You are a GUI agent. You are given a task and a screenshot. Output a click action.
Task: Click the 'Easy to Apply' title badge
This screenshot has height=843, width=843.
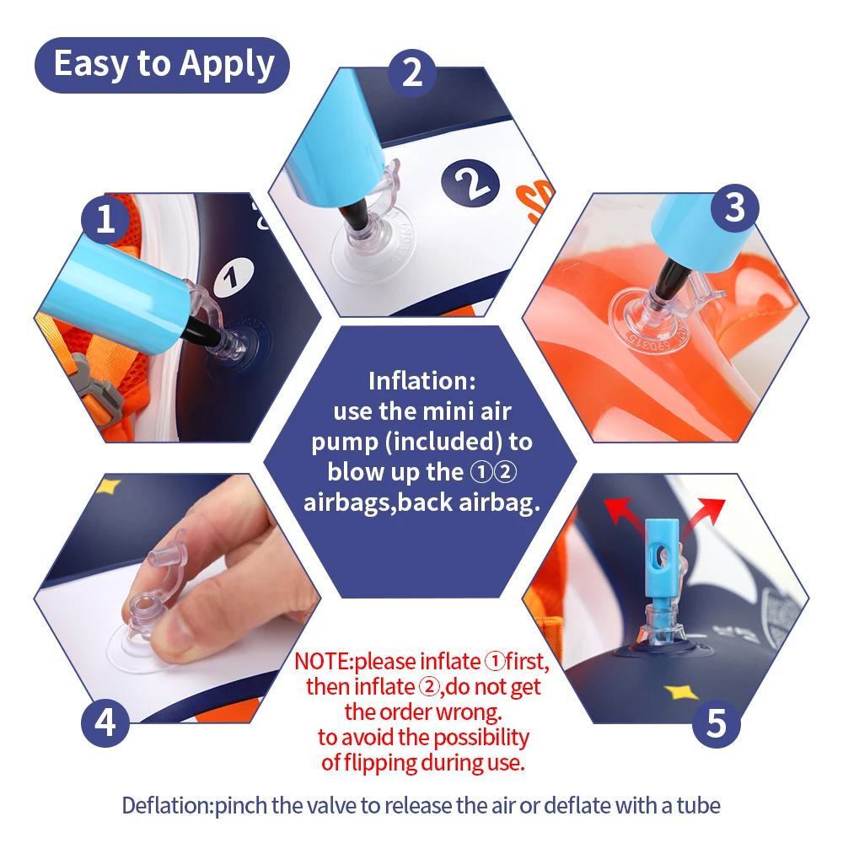[x=162, y=65]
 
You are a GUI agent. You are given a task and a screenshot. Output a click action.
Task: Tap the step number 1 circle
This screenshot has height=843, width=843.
[x=105, y=219]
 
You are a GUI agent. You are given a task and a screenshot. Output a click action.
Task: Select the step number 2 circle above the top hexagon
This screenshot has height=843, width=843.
[x=412, y=72]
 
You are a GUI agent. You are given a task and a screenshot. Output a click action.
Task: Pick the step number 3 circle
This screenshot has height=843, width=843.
[x=735, y=208]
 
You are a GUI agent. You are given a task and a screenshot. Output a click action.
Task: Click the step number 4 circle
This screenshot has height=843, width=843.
[x=105, y=723]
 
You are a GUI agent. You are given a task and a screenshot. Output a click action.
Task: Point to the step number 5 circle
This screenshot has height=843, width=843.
[x=716, y=723]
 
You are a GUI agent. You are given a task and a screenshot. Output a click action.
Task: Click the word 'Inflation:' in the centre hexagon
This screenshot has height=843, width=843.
[x=422, y=381]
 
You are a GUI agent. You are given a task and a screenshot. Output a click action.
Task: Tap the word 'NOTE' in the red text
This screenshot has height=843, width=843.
[x=322, y=661]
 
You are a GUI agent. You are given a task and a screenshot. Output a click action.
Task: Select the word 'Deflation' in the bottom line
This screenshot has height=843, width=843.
[x=167, y=805]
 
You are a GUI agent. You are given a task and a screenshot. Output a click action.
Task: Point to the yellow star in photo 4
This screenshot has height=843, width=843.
[x=108, y=486]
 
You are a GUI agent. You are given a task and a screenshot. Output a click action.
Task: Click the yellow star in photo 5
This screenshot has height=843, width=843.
[x=681, y=692]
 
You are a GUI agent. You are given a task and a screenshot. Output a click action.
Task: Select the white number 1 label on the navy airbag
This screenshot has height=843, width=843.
[x=234, y=277]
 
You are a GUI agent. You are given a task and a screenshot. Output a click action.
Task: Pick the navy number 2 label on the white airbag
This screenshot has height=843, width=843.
[x=470, y=183]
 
